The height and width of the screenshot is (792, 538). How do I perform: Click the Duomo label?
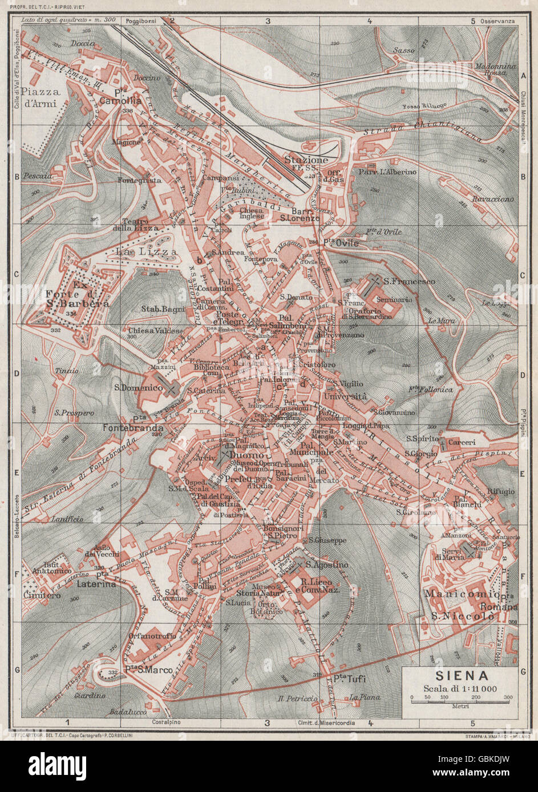248,456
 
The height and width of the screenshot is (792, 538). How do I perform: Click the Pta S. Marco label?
141,671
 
